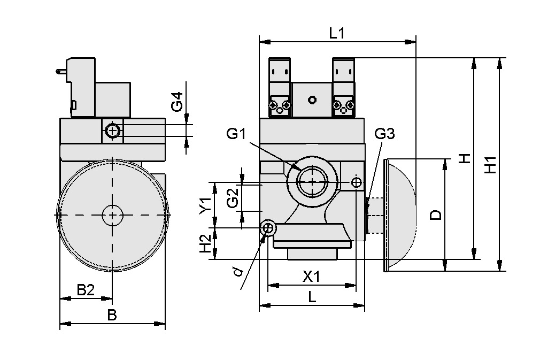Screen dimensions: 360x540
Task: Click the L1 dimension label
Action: pyautogui.click(x=336, y=33)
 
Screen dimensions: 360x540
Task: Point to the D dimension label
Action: pyautogui.click(x=436, y=215)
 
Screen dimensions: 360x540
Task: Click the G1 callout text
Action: pyautogui.click(x=236, y=134)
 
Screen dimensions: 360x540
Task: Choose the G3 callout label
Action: pyautogui.click(x=384, y=134)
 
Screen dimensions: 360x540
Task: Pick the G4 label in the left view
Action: pyautogui.click(x=177, y=102)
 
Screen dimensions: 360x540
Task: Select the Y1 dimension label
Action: pyautogui.click(x=205, y=205)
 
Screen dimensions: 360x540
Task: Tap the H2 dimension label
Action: pyautogui.click(x=205, y=244)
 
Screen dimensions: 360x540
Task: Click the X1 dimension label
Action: pyautogui.click(x=311, y=277)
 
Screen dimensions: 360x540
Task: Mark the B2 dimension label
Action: pyautogui.click(x=86, y=290)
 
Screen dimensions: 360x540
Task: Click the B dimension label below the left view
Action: pyautogui.click(x=112, y=315)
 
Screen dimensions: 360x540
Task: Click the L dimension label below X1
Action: pyautogui.click(x=312, y=297)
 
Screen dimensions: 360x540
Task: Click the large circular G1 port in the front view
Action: pyautogui.click(x=312, y=182)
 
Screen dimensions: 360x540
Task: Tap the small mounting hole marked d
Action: pyautogui.click(x=269, y=228)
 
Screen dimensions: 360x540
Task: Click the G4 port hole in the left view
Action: pyautogui.click(x=112, y=131)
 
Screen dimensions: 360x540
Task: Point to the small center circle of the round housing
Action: pyautogui.click(x=112, y=215)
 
